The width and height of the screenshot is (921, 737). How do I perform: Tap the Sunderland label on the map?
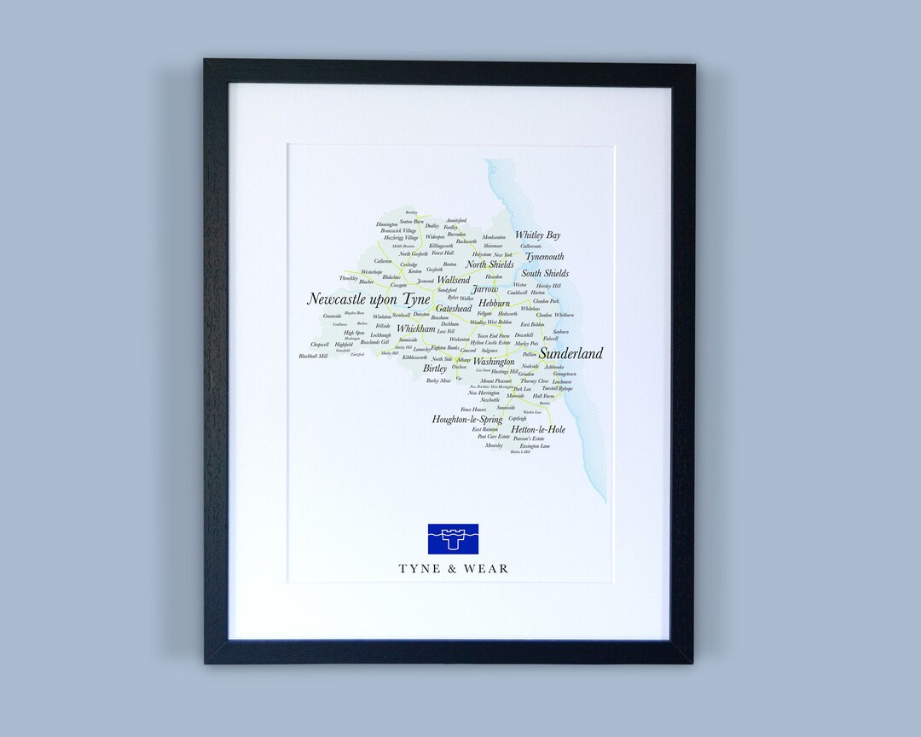point(571,353)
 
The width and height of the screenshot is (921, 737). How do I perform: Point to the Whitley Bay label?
point(537,235)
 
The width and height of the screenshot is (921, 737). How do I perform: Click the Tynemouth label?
point(544,257)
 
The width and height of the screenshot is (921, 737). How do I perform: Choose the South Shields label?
point(545,274)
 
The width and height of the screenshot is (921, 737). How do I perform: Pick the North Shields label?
point(489,264)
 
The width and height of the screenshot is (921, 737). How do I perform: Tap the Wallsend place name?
point(453,280)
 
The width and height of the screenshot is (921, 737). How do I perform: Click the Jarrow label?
point(484,289)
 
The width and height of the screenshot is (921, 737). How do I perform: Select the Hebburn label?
point(494,303)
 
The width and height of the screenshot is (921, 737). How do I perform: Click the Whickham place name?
point(415,328)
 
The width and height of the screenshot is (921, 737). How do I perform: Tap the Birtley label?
point(435,368)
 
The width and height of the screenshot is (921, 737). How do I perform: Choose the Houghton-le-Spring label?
point(467,420)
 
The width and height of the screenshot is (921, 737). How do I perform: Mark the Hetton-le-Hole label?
point(538,429)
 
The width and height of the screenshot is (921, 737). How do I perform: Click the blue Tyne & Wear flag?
point(453,539)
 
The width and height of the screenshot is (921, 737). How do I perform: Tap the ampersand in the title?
point(453,569)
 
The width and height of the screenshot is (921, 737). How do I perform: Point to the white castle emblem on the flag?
point(453,537)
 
